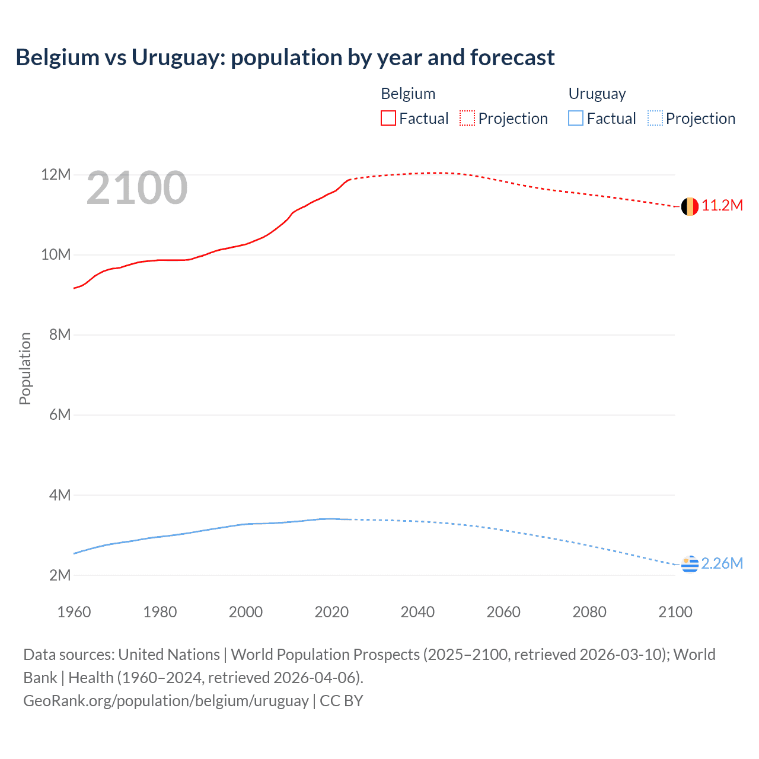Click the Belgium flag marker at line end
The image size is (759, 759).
[x=690, y=206]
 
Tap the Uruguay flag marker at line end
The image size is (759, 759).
[x=690, y=565]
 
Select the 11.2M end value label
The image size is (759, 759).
[x=722, y=206]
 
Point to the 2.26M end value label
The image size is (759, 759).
[x=722, y=563]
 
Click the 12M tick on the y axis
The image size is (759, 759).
[x=56, y=174]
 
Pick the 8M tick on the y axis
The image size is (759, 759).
[x=60, y=334]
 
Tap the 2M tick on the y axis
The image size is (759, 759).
[x=60, y=575]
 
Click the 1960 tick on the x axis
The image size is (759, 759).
[x=74, y=612]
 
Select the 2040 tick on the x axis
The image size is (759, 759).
[x=417, y=612]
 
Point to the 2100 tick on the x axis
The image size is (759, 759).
[x=675, y=612]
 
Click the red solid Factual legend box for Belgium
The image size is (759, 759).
[x=388, y=119]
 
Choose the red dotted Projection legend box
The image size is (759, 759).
[x=467, y=119]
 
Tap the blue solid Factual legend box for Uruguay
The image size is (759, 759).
[x=576, y=119]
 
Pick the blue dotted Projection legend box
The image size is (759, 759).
[x=655, y=119]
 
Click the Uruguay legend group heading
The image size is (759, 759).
[x=597, y=94]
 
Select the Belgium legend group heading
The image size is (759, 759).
[x=408, y=94]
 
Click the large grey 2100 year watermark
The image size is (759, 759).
[x=137, y=188]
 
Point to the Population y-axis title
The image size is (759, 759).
[x=25, y=368]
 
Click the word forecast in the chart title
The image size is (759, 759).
[x=512, y=58]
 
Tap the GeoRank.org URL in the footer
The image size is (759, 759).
[x=165, y=701]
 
